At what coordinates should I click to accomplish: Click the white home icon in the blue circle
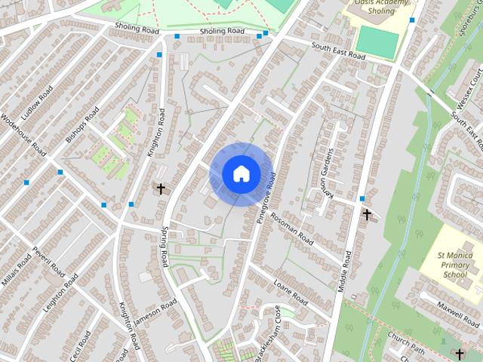point(241,174)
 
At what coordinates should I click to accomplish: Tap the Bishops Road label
point(82,125)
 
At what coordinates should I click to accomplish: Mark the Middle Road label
point(346,269)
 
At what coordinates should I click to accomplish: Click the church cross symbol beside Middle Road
point(367,215)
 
